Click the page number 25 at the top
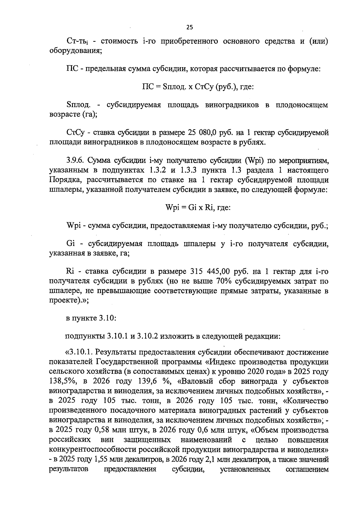189,28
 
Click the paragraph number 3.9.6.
75,160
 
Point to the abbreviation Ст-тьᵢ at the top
77,41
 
